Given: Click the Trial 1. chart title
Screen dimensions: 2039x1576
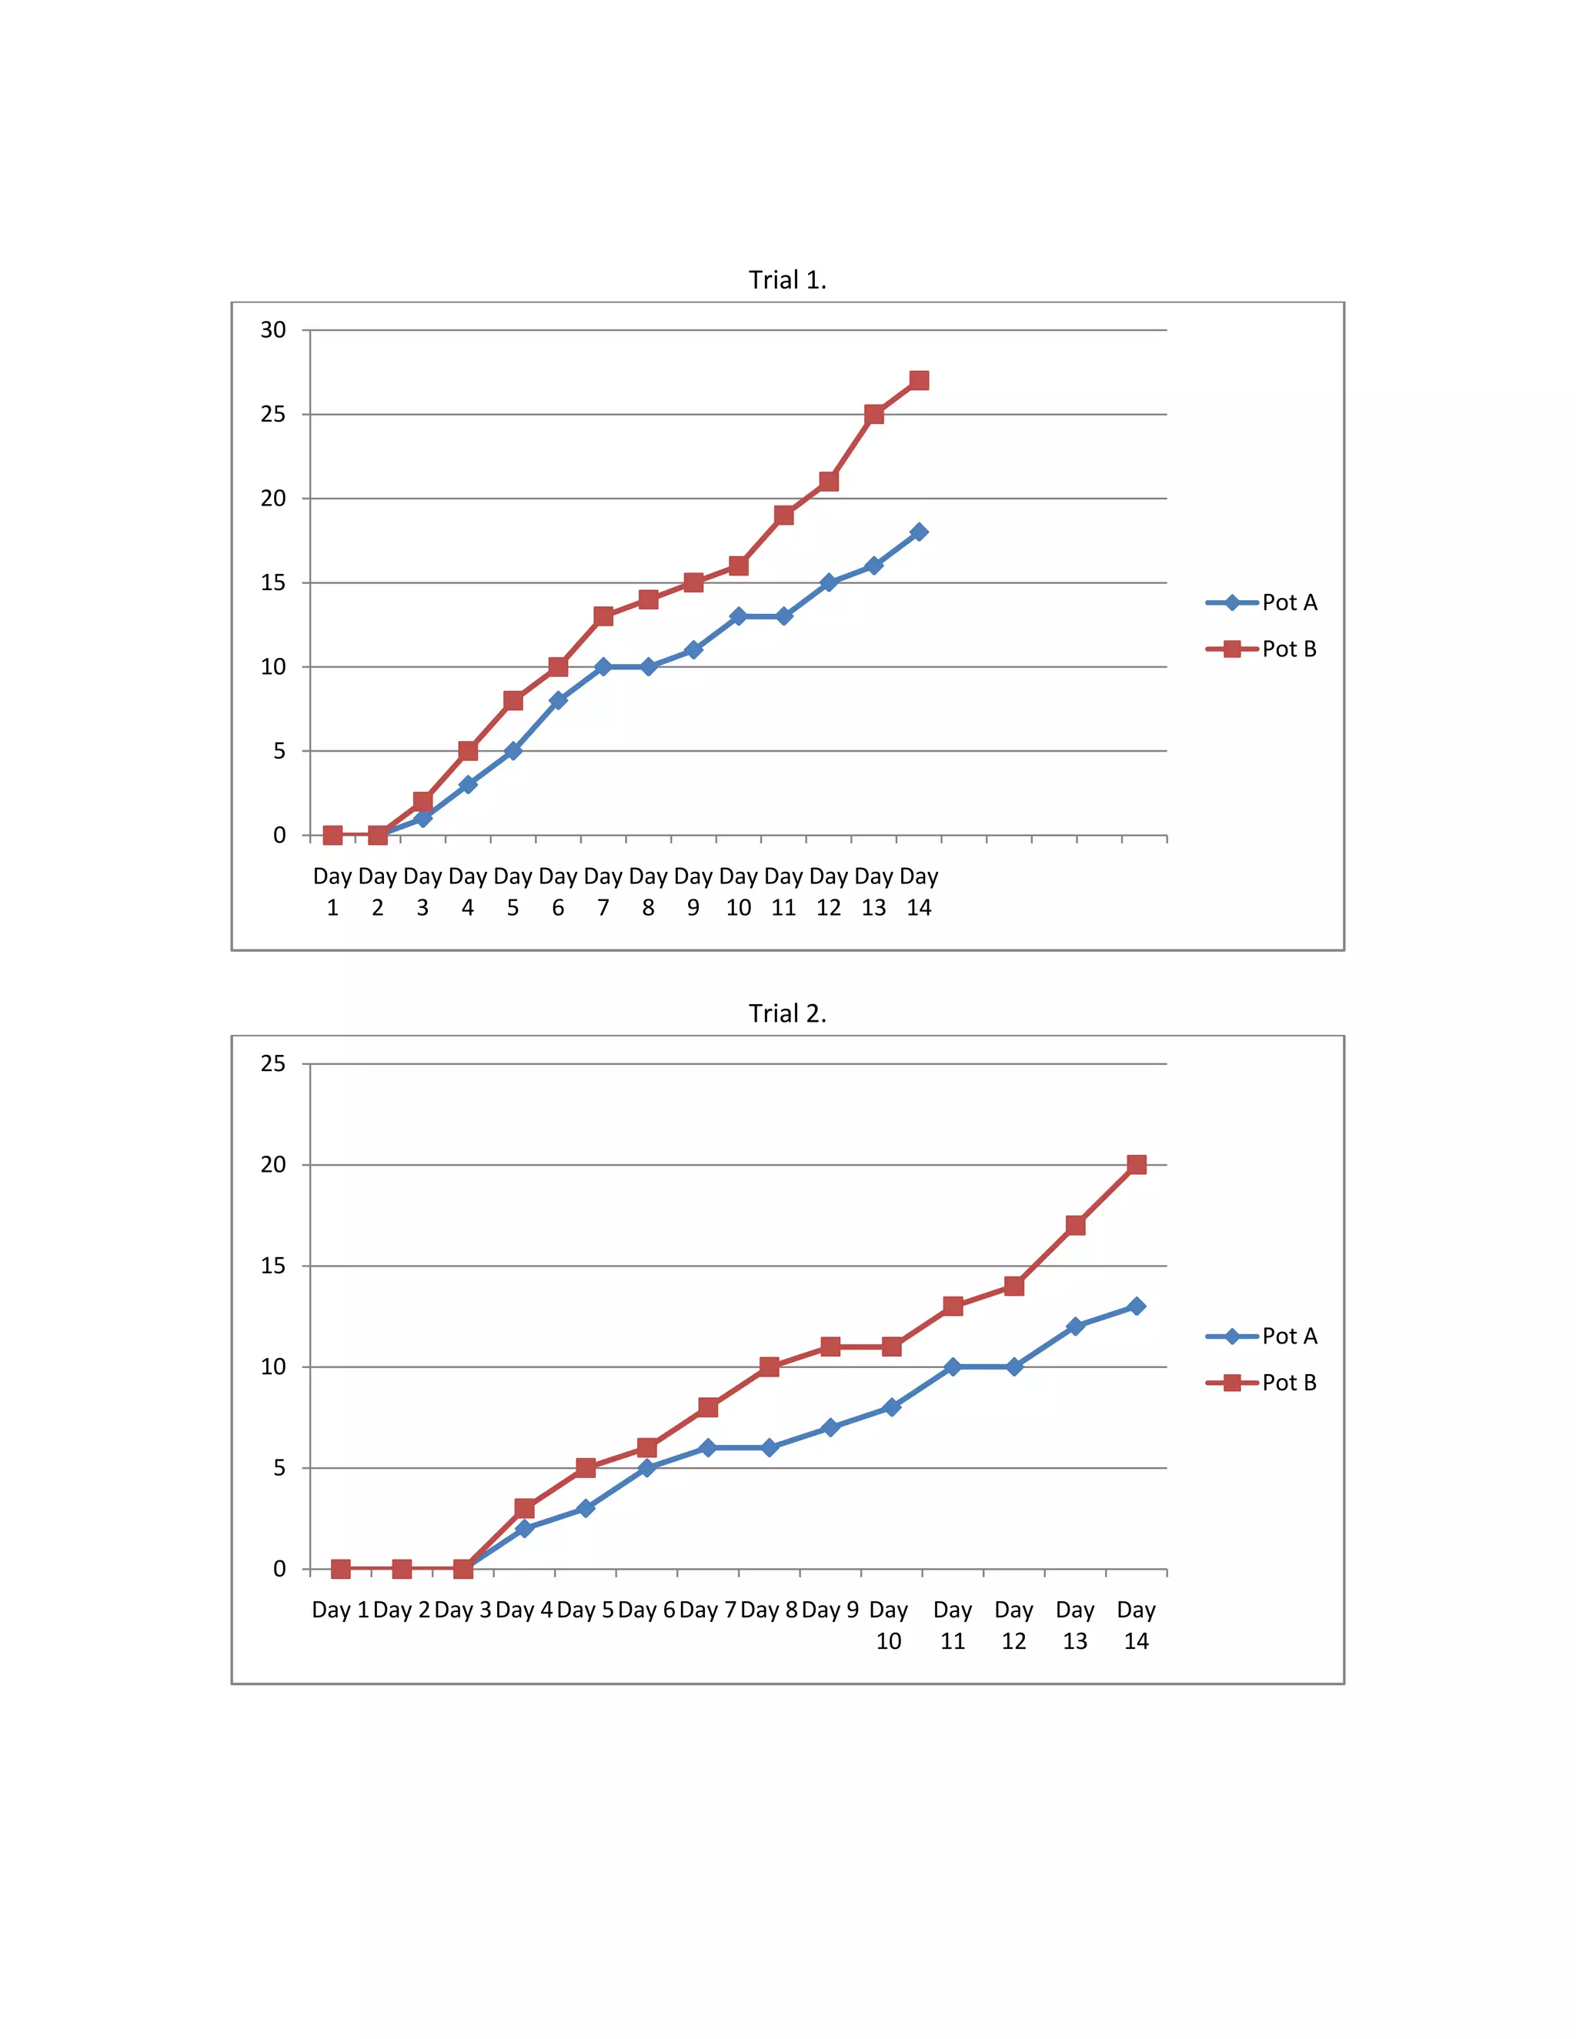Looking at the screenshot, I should point(787,280).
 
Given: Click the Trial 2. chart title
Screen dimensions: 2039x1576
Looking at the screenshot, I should point(787,1014).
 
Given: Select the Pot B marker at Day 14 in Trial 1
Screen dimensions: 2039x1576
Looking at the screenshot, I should point(919,380).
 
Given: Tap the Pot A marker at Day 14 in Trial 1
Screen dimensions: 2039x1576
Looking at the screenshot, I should point(919,532).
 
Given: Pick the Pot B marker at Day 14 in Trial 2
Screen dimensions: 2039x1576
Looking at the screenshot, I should point(1137,1164).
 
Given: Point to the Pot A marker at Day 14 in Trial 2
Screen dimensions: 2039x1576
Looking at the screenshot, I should point(1137,1306).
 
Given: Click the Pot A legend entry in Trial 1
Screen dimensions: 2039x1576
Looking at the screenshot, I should point(1261,602).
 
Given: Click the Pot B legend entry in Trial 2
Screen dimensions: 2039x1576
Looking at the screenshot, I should point(1261,1383).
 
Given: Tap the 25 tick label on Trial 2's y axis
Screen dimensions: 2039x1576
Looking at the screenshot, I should point(272,1063).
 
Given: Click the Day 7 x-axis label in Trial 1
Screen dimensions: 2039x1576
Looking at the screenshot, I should point(603,892).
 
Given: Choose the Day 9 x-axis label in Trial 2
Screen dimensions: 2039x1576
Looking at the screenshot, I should point(830,1610).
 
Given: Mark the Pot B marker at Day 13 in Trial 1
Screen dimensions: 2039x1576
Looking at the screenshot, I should point(874,414).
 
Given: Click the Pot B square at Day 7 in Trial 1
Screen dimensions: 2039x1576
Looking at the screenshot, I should point(603,616).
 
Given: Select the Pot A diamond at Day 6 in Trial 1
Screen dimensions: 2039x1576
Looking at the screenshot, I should point(559,700).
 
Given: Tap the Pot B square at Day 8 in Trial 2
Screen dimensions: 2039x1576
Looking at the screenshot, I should point(770,1367).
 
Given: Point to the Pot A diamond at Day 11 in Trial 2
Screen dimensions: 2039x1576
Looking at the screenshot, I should point(953,1367).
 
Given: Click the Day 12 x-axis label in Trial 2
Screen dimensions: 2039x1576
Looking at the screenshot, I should point(1014,1624).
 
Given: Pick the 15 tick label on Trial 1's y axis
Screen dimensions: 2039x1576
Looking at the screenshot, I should point(272,582).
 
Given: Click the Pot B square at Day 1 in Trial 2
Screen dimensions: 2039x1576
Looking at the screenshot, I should point(341,1570).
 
